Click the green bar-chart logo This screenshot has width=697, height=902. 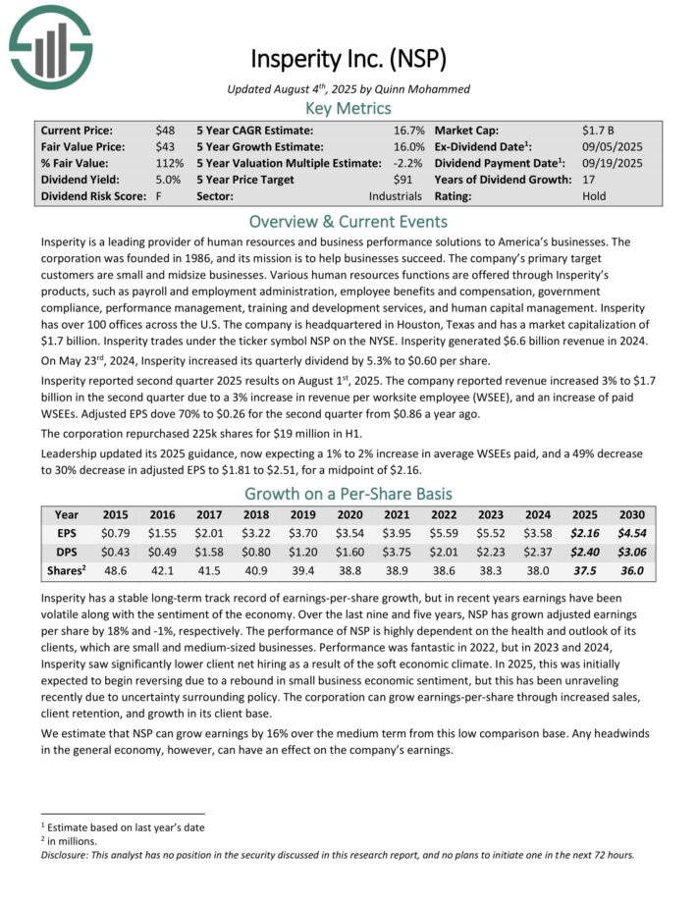[x=50, y=45]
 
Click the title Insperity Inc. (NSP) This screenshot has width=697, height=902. [x=348, y=59]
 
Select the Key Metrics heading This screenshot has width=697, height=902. [x=348, y=108]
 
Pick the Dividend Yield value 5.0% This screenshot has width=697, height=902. [x=168, y=180]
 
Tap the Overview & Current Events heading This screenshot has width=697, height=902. [x=348, y=221]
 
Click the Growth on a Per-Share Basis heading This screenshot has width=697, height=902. [x=348, y=494]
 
